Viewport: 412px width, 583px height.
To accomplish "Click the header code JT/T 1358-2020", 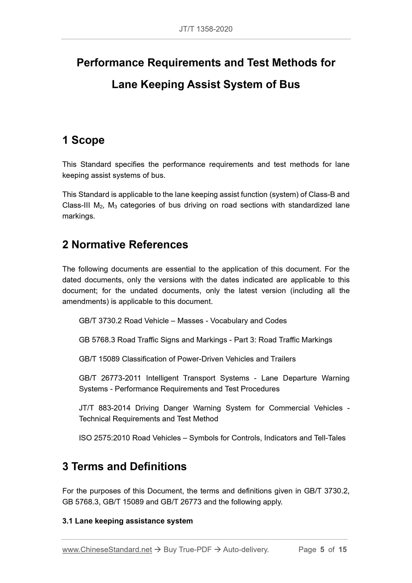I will (x=206, y=29).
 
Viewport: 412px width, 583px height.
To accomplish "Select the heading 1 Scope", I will (x=83, y=140).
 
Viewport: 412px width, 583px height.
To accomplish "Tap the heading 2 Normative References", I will (x=125, y=245).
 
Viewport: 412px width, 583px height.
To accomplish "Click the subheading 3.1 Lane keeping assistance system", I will (x=127, y=521).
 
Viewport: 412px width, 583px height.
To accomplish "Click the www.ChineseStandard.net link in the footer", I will (x=107, y=550).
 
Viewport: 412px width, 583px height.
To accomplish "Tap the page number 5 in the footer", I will (x=322, y=550).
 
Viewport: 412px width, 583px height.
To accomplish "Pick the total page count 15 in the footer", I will (x=342, y=550).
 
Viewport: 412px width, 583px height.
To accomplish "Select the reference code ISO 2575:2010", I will (x=104, y=438).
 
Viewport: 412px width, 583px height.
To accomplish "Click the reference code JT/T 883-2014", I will (x=105, y=408).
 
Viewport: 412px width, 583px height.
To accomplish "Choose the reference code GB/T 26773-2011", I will (x=110, y=378).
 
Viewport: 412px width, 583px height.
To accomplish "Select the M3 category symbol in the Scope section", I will (x=112, y=205).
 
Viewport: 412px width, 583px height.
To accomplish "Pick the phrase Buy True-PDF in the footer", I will (x=187, y=550).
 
